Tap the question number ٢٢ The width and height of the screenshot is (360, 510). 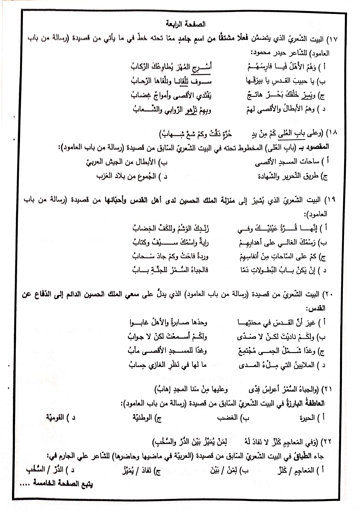(327, 442)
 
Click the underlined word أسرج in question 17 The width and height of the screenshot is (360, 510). (203, 67)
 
